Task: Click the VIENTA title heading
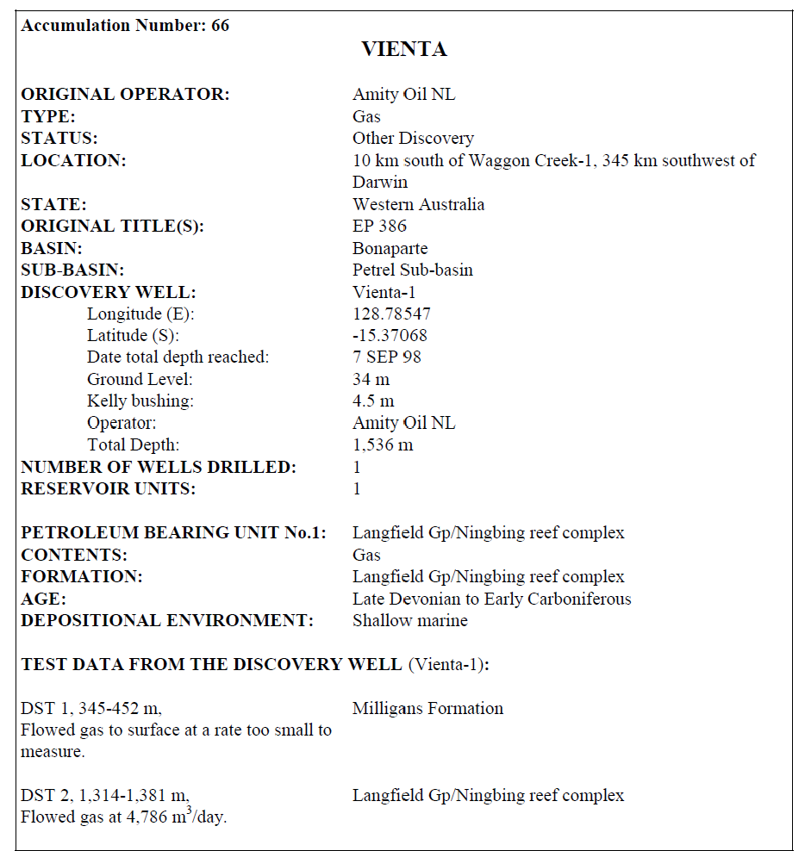403,49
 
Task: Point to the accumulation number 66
220,25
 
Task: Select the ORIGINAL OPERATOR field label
125,95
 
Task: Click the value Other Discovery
413,139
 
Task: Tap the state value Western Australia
418,205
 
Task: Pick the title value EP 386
379,227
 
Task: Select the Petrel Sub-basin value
412,270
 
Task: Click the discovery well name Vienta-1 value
384,292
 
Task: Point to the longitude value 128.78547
391,314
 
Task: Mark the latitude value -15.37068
390,336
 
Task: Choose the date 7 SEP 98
386,357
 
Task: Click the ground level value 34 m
371,380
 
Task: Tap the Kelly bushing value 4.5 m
373,401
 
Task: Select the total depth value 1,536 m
383,445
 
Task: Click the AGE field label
43,599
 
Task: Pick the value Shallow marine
409,621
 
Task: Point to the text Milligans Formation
427,709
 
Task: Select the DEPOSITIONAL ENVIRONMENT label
166,621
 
